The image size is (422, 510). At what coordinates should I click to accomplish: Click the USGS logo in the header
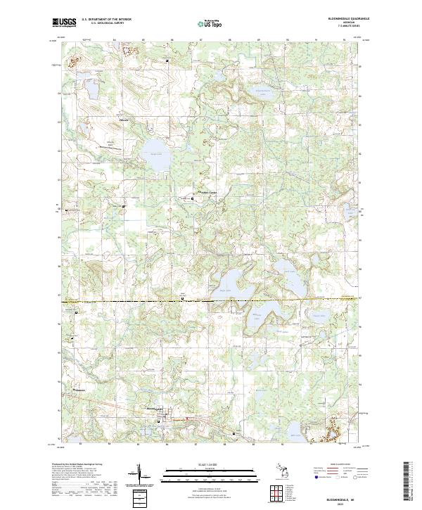pyautogui.click(x=64, y=23)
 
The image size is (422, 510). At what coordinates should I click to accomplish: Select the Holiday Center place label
pyautogui.click(x=207, y=193)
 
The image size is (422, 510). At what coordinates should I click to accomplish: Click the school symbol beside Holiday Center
pyautogui.click(x=194, y=199)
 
